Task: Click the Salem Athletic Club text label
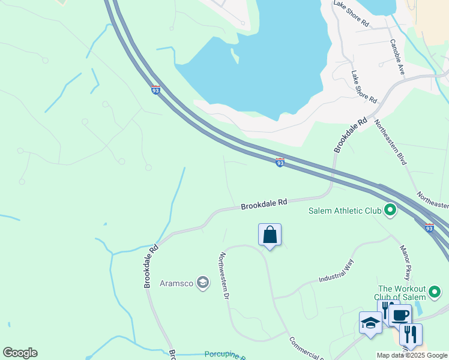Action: coord(345,211)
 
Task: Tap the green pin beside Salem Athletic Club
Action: coord(390,210)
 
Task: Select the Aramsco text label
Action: coord(177,283)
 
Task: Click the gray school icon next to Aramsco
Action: coord(203,283)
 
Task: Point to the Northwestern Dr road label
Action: coord(224,275)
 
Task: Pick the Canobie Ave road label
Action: coord(397,57)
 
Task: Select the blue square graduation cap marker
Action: coord(370,323)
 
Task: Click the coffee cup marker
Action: coord(400,314)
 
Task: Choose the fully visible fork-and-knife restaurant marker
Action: coord(411,334)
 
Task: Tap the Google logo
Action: coord(20,353)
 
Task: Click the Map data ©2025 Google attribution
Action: coord(411,356)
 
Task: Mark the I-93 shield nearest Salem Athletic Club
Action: coord(429,228)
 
